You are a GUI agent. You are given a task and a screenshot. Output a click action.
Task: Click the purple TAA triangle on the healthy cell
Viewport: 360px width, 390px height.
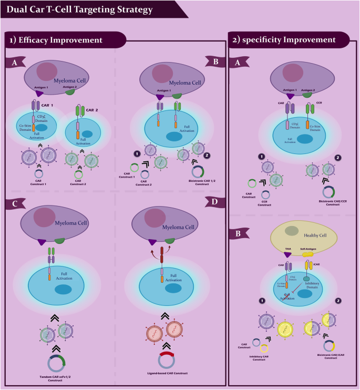click(x=288, y=255)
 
